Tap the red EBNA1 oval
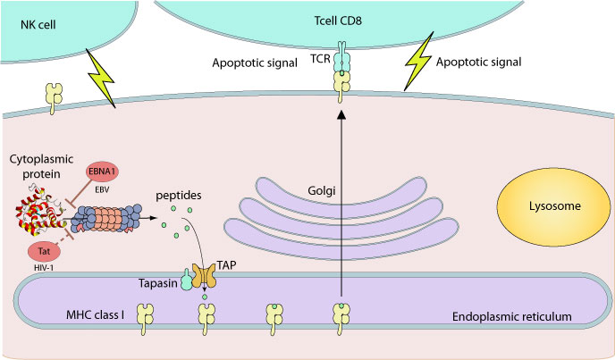[x=102, y=175]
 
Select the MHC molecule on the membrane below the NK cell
[x=56, y=96]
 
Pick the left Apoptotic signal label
[x=254, y=64]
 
